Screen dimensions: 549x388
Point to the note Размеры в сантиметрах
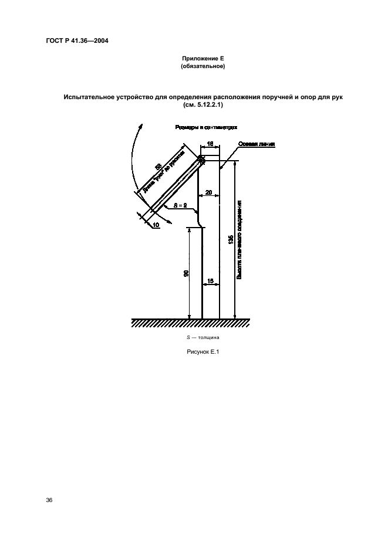tap(205, 127)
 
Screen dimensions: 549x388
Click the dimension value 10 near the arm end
tap(156, 225)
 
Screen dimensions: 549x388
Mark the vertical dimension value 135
tap(231, 239)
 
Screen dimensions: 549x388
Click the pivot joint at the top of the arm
tap(201, 159)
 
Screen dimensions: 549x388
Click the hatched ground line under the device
tap(191, 323)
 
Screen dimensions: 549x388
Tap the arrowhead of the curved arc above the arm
tap(141, 124)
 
